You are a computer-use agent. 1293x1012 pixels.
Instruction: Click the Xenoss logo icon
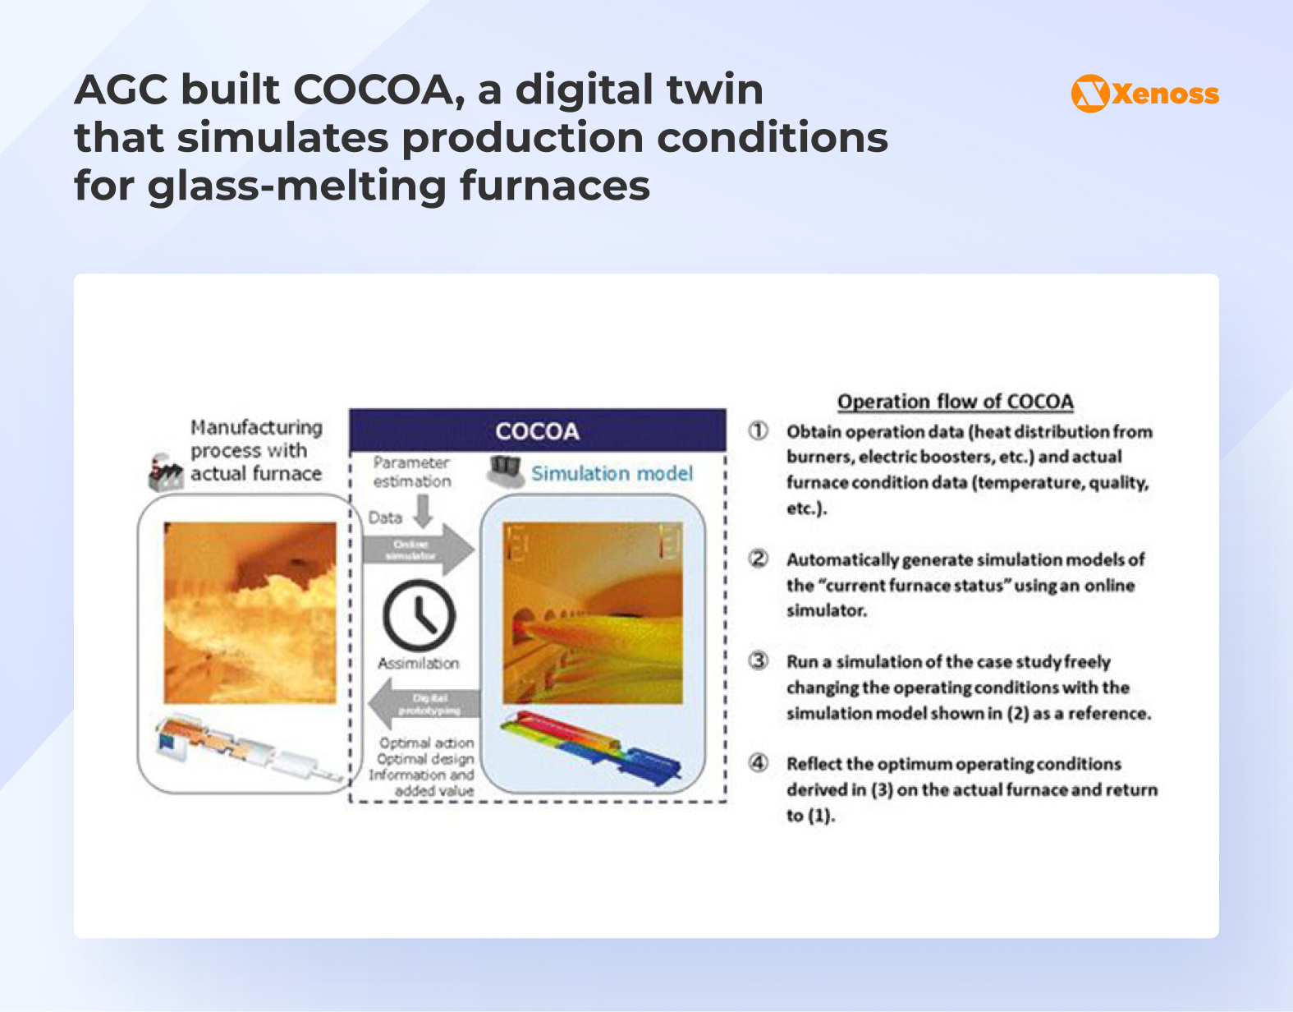[1090, 94]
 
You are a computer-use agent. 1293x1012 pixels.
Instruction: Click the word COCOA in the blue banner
[537, 431]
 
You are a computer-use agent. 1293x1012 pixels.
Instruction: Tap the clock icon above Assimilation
[419, 616]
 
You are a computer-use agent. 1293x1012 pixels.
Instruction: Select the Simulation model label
[612, 473]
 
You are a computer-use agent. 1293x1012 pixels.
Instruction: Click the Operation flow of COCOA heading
[955, 402]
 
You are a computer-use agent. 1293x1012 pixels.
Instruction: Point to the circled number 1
[758, 431]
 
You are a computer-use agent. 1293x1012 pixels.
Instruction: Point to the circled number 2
[758, 559]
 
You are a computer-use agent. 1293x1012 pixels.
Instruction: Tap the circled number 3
[758, 661]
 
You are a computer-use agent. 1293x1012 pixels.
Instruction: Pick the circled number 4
[758, 763]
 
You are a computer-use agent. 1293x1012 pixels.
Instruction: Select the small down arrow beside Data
[423, 513]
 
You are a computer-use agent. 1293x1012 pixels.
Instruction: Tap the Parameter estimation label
[411, 472]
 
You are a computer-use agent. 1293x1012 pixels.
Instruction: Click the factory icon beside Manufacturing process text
[165, 473]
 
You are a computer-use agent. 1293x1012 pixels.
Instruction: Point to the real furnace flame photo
[250, 612]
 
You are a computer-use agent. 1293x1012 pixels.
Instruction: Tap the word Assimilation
[418, 663]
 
